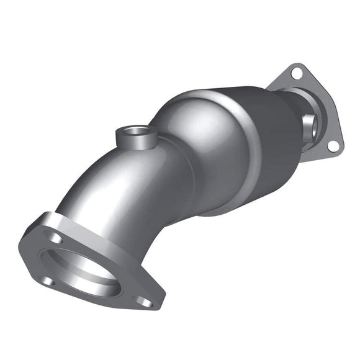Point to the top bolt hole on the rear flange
point(295,74)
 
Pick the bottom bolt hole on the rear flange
point(332,145)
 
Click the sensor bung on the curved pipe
point(134,135)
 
